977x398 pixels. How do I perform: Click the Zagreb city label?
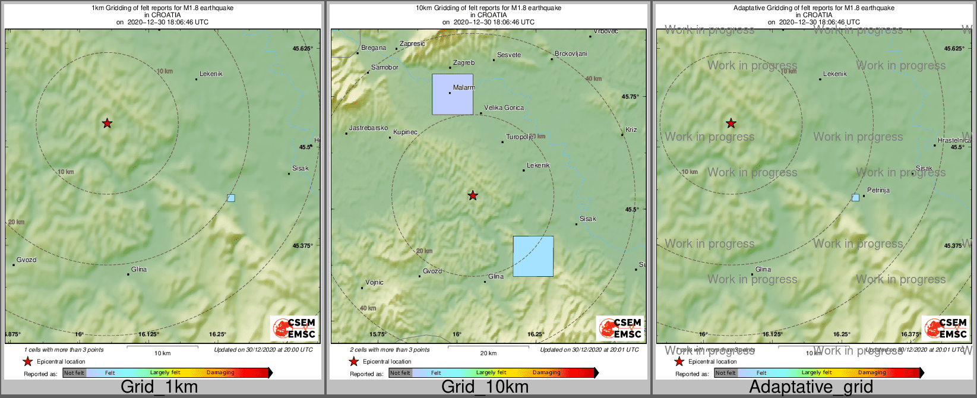(x=464, y=62)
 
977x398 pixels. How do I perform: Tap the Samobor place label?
(x=385, y=67)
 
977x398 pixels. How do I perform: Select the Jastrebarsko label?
(x=368, y=128)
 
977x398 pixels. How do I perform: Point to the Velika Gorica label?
(x=504, y=108)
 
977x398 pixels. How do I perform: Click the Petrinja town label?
(x=878, y=191)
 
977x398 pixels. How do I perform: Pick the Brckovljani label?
(x=571, y=53)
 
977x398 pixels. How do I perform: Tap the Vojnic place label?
(x=374, y=282)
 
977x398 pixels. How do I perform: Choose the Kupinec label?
(x=405, y=132)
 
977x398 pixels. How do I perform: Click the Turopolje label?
(x=520, y=137)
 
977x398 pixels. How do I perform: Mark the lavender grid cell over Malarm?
(x=453, y=94)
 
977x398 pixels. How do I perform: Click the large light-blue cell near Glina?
(x=533, y=256)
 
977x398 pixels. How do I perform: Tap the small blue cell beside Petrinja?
(x=855, y=197)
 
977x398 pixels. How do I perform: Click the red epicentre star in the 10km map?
(x=473, y=195)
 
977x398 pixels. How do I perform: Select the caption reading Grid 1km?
(x=159, y=387)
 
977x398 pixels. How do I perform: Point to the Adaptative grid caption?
(x=811, y=387)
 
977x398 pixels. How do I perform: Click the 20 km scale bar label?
(x=488, y=353)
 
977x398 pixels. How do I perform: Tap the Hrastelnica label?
(x=954, y=141)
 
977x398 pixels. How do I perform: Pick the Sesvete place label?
(x=509, y=55)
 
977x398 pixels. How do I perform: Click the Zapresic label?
(x=412, y=43)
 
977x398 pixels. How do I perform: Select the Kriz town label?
(x=631, y=129)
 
